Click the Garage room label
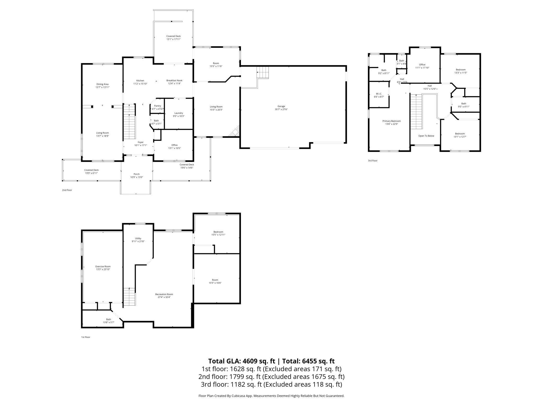coord(281,106)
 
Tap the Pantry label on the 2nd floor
coord(157,106)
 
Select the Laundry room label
coord(179,113)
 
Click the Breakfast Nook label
coord(174,80)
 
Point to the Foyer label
coord(140,142)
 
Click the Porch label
coord(137,174)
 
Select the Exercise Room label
coord(103,266)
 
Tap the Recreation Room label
coord(164,294)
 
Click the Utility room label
coord(138,238)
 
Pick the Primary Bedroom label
coord(392,121)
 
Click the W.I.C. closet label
coord(379,93)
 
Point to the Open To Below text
coord(426,136)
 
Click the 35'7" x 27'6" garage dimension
coord(281,109)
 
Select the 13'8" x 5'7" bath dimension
coord(109,322)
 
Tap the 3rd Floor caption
coord(373,160)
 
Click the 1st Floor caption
coord(86,337)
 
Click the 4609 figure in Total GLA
coord(250,361)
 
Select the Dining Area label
coord(102,84)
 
